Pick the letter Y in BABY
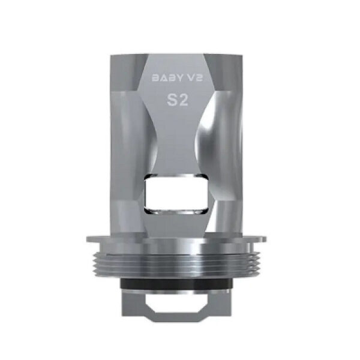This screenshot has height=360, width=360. click(x=178, y=77)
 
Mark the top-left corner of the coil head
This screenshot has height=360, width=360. click(x=112, y=55)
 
